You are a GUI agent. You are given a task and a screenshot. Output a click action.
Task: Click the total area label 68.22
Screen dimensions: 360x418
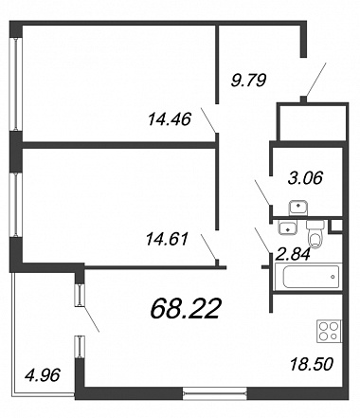tap(185, 309)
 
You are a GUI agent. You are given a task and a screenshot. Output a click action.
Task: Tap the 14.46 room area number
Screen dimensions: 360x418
tap(170, 119)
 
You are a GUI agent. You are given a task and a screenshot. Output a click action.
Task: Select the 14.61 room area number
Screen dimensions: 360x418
tap(167, 239)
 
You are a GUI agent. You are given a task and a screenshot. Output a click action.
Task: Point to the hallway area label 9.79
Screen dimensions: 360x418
tap(249, 80)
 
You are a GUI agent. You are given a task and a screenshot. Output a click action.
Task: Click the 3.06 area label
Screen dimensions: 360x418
tap(305, 178)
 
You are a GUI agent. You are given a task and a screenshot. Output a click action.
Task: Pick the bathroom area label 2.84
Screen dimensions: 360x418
tap(293, 254)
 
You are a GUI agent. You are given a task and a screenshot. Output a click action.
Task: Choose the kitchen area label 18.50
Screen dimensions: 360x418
tap(312, 364)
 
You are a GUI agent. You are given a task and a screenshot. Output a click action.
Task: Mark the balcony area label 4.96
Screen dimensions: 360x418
tap(42, 375)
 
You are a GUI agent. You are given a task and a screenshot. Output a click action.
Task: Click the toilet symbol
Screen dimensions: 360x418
tap(315, 234)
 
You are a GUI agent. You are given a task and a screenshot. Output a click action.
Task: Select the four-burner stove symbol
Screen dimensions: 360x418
tap(329, 332)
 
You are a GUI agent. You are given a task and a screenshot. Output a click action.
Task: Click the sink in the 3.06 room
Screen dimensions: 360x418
tap(298, 208)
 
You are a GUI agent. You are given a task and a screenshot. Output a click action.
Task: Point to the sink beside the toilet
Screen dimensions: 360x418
tap(287, 227)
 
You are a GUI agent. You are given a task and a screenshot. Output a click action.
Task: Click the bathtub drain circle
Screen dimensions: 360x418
tap(333, 277)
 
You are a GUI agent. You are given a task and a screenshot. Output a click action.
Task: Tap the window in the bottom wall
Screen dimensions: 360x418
tap(215, 393)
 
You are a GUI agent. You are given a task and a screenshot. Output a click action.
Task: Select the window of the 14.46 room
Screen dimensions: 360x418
tap(15, 84)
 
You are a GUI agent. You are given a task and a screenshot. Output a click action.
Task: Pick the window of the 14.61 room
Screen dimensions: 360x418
tap(15, 206)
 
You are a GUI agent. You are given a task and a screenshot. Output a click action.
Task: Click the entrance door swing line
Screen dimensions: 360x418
tap(315, 80)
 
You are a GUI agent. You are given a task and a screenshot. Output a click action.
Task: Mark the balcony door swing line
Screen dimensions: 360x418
tap(91, 318)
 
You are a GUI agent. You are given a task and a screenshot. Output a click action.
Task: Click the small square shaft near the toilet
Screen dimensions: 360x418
tap(336, 226)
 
